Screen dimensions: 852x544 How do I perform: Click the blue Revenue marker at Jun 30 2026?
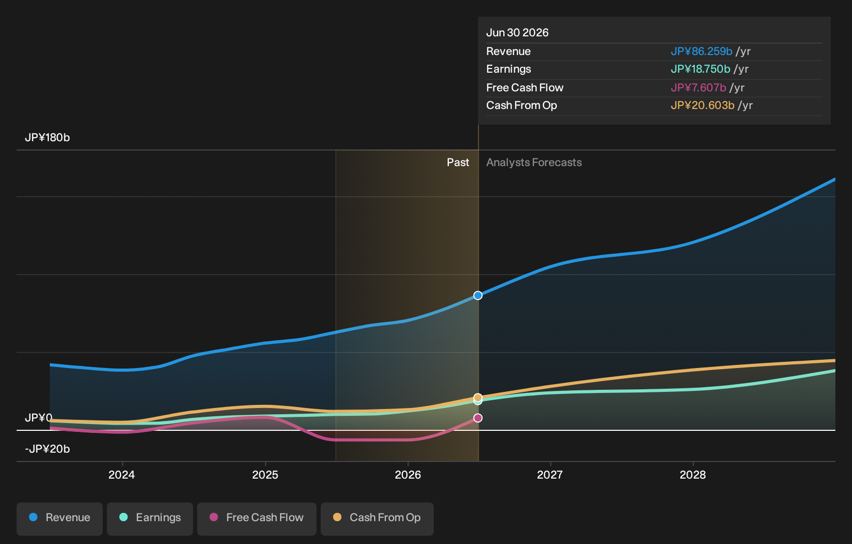click(x=478, y=295)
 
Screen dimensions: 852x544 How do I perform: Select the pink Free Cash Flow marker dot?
click(x=478, y=418)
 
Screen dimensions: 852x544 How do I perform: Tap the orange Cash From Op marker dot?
click(x=478, y=398)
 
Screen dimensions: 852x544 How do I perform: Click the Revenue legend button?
click(x=59, y=519)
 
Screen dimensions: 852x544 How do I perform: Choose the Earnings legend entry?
click(x=150, y=519)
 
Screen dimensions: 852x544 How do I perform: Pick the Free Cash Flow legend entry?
click(x=257, y=519)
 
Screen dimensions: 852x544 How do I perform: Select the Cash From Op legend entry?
click(x=377, y=519)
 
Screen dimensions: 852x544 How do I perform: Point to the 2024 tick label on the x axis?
click(x=122, y=475)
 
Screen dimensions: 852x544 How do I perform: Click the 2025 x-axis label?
click(x=265, y=475)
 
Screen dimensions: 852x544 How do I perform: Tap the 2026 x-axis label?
click(x=408, y=475)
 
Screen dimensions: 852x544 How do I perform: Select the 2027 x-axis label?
click(x=550, y=475)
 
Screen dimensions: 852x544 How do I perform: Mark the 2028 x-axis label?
click(x=693, y=475)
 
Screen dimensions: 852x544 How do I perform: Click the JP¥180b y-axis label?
click(x=48, y=138)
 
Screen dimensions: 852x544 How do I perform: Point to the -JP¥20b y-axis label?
click(x=48, y=449)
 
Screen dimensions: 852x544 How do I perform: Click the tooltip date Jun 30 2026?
click(x=517, y=33)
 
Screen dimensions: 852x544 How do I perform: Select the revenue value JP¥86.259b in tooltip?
click(x=702, y=51)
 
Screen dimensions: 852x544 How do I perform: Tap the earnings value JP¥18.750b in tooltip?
click(x=700, y=69)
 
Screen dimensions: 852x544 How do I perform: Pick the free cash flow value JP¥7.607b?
click(x=698, y=88)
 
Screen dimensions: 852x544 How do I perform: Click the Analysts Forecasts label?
click(x=534, y=162)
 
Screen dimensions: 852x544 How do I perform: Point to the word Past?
click(x=458, y=162)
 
